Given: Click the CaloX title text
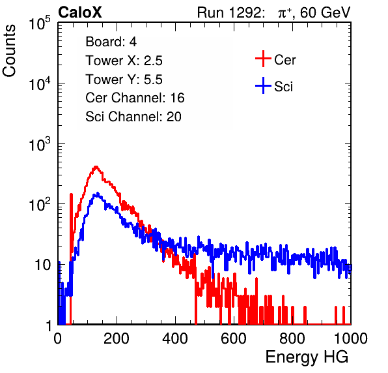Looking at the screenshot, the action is tap(80, 12).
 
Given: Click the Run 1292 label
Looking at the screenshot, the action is tap(229, 12).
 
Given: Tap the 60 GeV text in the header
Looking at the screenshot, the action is tap(325, 12).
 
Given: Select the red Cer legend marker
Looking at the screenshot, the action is tap(263, 59).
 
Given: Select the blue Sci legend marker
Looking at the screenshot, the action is tap(263, 85).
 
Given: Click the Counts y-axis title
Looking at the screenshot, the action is tap(9, 51).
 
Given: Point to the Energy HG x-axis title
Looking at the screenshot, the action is tap(307, 357).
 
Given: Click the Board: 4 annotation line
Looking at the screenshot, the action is tap(111, 42).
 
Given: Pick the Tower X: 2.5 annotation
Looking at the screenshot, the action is tap(124, 61).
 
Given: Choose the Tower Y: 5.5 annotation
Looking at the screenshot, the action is tap(124, 80).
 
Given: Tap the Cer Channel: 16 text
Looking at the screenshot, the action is tap(135, 98).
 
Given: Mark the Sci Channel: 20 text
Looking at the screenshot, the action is tap(133, 117).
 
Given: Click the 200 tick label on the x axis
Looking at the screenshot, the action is tap(117, 338).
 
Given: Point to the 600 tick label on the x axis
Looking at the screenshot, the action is tap(234, 338).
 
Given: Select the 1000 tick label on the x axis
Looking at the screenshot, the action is tap(351, 338).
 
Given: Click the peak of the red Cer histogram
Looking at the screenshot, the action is tap(96, 166).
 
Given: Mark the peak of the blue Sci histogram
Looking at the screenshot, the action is tap(98, 193).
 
